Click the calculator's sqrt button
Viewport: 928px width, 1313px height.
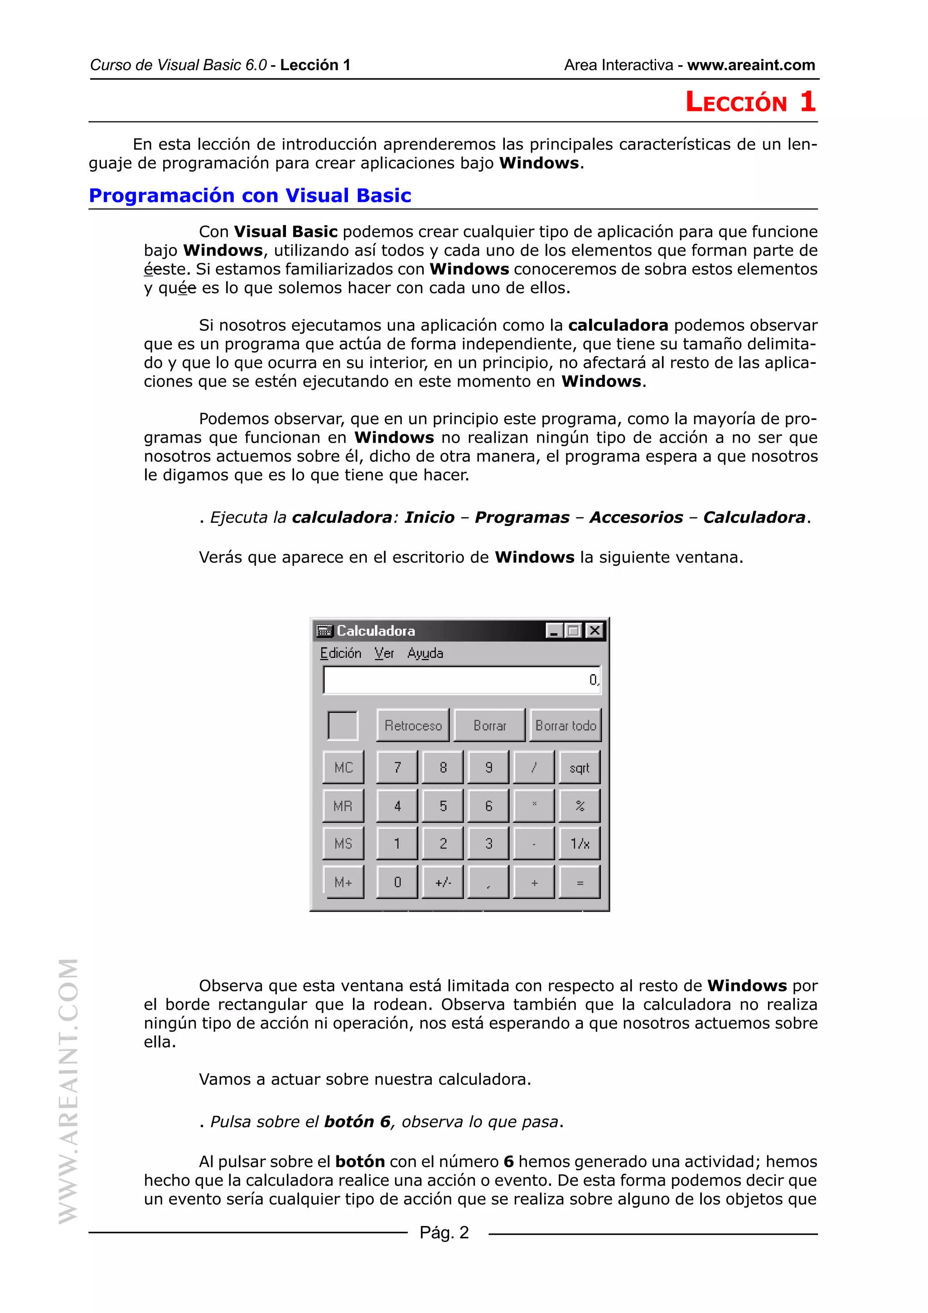(579, 768)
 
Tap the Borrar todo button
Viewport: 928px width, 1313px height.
(565, 725)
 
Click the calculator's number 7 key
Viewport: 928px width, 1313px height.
(397, 768)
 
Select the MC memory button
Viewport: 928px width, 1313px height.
(343, 768)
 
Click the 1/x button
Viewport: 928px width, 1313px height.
(579, 844)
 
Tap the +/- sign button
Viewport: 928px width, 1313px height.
(443, 882)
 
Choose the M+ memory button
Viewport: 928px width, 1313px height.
(343, 882)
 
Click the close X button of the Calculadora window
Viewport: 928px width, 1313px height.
(594, 630)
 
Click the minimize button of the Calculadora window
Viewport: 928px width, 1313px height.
(553, 630)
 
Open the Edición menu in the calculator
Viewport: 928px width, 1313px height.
(340, 653)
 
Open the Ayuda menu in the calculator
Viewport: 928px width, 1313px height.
(425, 653)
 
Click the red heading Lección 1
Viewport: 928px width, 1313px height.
(750, 102)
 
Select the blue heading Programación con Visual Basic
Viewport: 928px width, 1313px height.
(250, 196)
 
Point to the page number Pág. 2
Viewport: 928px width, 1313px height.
(444, 1232)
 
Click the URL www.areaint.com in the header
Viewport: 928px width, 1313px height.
(751, 65)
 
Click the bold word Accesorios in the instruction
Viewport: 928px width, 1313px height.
(636, 517)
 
